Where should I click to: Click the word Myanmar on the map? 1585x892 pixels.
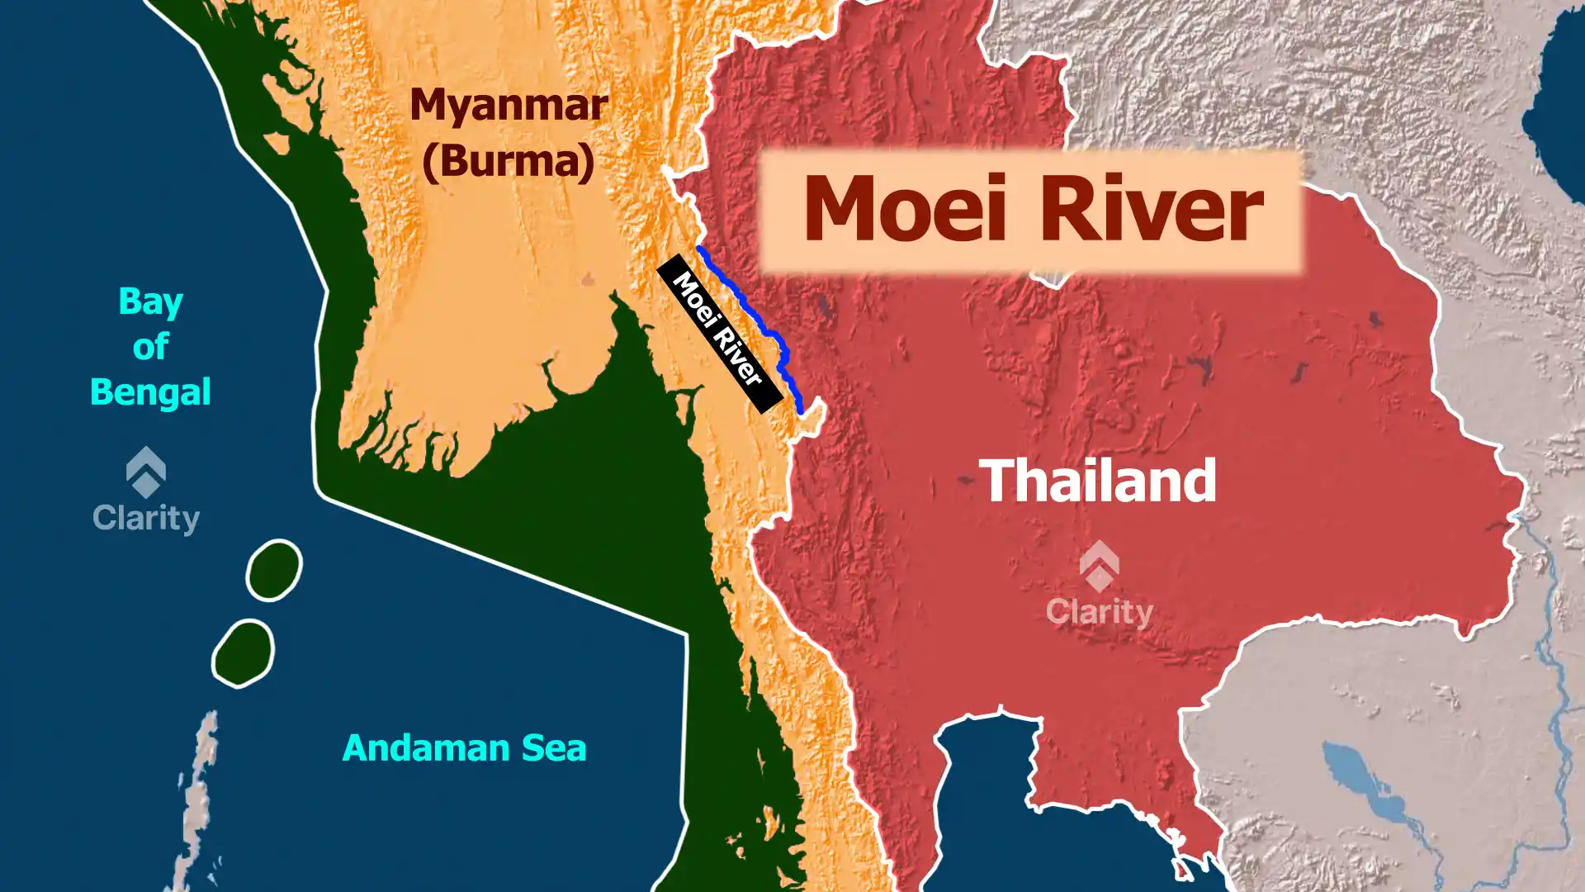point(509,106)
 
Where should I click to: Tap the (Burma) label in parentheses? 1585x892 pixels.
point(509,160)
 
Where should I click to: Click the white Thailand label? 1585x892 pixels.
point(1097,481)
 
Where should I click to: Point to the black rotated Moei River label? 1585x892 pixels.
point(719,333)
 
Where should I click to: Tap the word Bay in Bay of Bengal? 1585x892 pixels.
point(150,302)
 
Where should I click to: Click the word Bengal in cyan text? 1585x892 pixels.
point(150,391)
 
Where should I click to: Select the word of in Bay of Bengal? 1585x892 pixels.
point(150,347)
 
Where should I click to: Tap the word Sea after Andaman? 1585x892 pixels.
point(553,748)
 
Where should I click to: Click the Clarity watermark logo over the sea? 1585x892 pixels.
point(146,491)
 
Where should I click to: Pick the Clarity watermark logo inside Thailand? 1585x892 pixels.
point(1099,583)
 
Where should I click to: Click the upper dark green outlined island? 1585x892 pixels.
point(274,570)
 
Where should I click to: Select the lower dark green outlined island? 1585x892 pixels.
point(243,652)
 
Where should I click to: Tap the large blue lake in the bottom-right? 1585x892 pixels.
point(1362,785)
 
